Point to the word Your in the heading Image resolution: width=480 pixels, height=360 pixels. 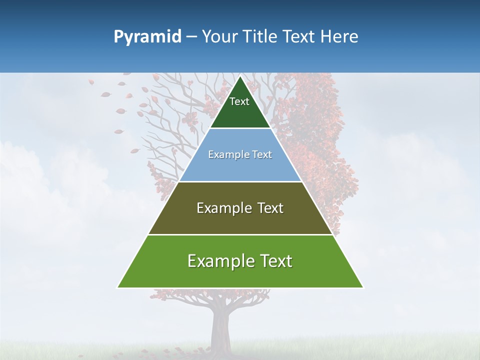coord(220,36)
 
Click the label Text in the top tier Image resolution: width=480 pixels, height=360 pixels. coord(239,101)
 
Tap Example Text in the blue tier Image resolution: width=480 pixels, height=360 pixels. coord(240,154)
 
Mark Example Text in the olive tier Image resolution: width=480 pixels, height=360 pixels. coord(240,208)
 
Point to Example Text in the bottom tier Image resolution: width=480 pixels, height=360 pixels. coord(240,261)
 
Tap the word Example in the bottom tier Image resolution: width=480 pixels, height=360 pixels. coord(220,261)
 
